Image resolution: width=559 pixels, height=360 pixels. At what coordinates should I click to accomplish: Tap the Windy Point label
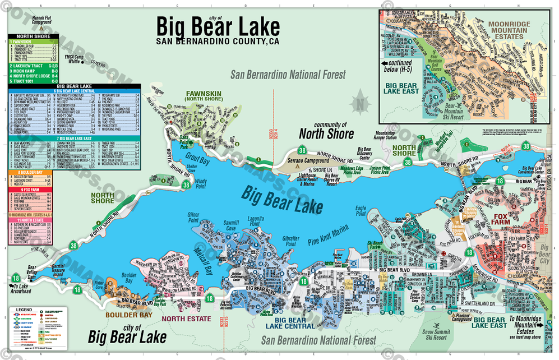click(200, 183)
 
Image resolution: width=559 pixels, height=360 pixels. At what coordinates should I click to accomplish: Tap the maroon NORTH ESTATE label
click(182, 319)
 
